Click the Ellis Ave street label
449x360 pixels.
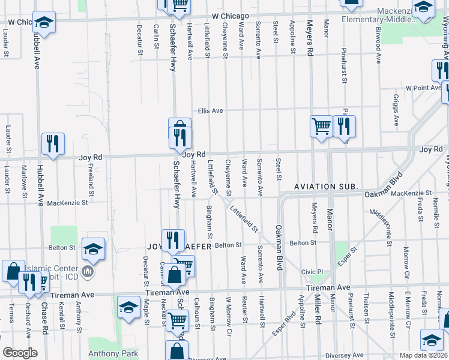tap(211, 111)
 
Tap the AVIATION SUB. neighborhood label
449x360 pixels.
tap(326, 187)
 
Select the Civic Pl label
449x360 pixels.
tap(312, 272)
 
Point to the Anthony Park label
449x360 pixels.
tap(113, 353)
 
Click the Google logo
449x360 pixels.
tap(20, 353)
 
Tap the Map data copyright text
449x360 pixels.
tap(424, 355)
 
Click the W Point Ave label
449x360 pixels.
tap(423, 88)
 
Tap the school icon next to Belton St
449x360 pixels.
tap(93, 248)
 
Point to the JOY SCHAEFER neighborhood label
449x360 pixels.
tap(179, 246)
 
